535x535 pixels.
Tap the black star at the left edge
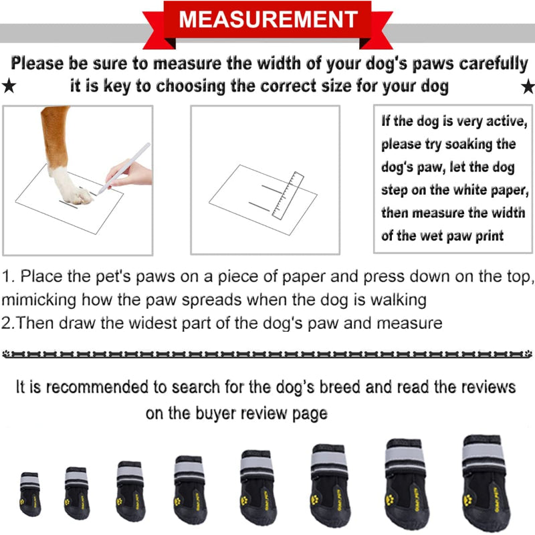point(8,86)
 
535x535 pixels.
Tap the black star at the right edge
point(528,86)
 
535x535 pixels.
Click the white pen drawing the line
point(124,167)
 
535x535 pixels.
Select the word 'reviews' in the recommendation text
point(481,387)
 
